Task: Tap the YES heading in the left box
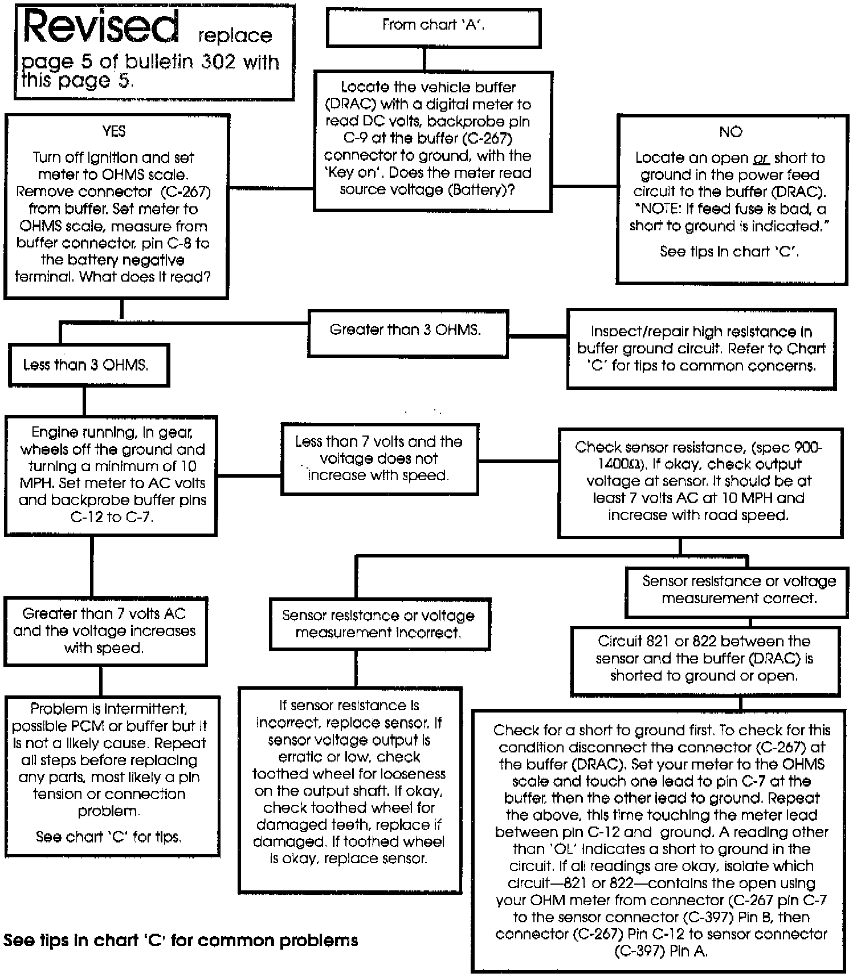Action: (x=114, y=131)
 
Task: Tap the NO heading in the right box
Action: (x=731, y=132)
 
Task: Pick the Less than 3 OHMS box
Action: (x=87, y=365)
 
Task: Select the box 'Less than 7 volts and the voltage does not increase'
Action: (x=379, y=458)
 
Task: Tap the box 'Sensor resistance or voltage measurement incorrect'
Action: (x=379, y=624)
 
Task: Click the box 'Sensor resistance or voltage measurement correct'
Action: (x=738, y=589)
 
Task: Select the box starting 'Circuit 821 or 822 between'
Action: (x=704, y=658)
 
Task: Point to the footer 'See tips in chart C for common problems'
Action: (x=181, y=940)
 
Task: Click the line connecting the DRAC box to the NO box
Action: (x=585, y=186)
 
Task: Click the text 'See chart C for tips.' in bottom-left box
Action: (x=108, y=837)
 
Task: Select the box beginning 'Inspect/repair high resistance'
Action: (x=701, y=348)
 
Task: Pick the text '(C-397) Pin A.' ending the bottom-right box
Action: (x=661, y=951)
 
